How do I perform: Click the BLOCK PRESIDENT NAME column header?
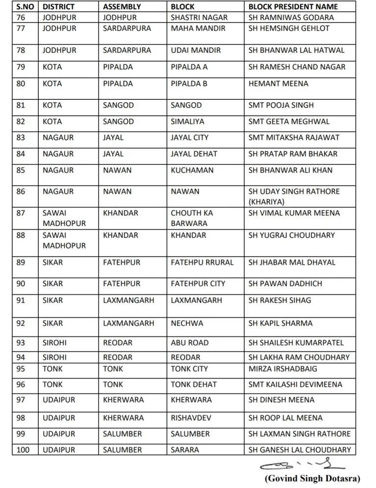point(293,7)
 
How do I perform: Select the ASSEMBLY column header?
point(122,7)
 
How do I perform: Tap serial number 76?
point(21,18)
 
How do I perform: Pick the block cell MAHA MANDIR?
point(198,28)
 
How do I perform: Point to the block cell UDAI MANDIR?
point(196,50)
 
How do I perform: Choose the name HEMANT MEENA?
point(278,84)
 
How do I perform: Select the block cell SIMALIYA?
point(188,121)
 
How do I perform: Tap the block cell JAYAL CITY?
point(189,138)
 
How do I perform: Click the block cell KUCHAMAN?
point(192,170)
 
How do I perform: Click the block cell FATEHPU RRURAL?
point(202,263)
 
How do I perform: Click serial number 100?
point(23,450)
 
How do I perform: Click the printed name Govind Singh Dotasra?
point(312,478)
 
